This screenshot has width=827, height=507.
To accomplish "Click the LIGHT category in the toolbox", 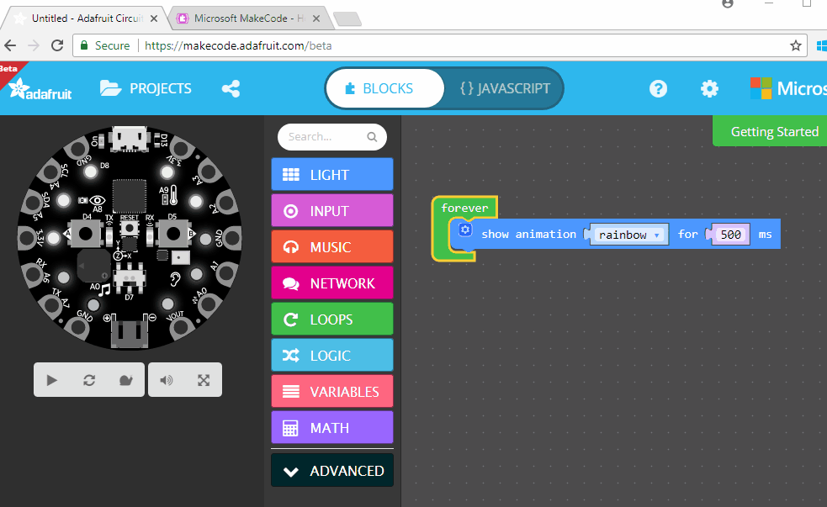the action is [331, 175].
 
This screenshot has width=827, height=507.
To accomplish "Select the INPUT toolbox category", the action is [331, 211].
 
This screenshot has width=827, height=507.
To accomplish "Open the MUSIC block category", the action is [331, 247].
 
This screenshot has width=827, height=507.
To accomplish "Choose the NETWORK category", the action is [331, 283].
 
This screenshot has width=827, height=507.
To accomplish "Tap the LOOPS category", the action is [331, 320].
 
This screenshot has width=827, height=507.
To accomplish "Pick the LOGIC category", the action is [331, 356].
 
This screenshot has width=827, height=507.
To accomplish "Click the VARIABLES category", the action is [331, 392].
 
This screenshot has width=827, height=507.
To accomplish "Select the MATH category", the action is [331, 428].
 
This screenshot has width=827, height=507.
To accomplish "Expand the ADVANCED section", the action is [331, 471].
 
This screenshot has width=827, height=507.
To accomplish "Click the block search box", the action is [324, 137].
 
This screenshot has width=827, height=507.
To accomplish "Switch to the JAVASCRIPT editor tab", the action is [505, 88].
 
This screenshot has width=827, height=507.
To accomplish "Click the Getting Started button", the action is [773, 131].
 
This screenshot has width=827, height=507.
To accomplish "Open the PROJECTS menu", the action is [146, 88].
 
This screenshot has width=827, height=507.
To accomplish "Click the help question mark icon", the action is [658, 88].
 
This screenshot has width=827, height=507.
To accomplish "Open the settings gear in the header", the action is [710, 88].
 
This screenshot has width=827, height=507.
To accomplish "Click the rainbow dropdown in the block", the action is [628, 235].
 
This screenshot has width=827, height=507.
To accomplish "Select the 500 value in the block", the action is [731, 235].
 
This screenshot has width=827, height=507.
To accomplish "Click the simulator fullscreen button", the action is [204, 380].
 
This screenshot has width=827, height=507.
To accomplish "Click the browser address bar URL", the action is [238, 45].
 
